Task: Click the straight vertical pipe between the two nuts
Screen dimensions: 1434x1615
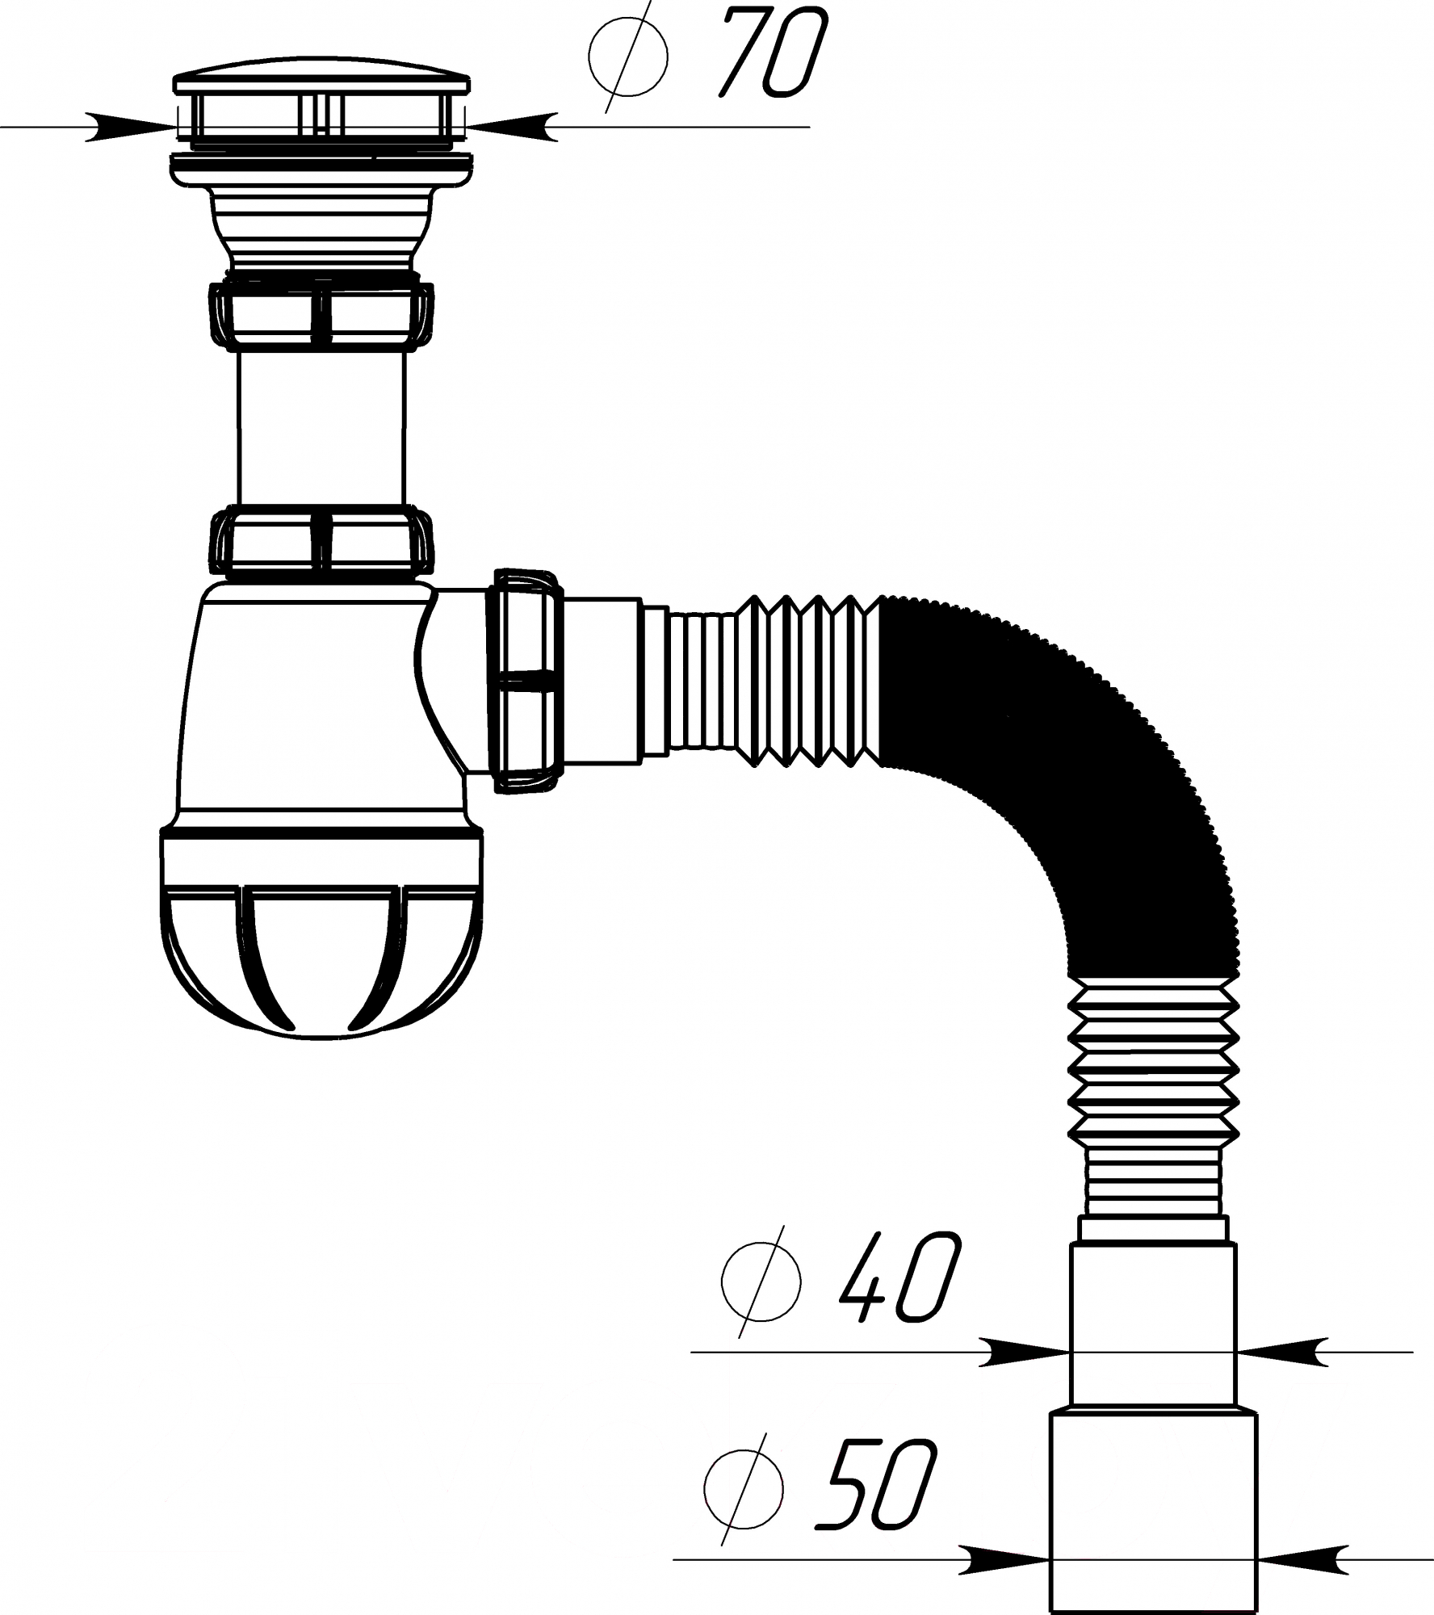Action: click(x=321, y=428)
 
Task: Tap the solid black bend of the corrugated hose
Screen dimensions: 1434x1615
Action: click(x=1074, y=775)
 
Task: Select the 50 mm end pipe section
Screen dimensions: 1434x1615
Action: click(x=1153, y=1508)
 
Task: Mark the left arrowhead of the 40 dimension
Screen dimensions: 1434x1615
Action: click(x=1024, y=1351)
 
